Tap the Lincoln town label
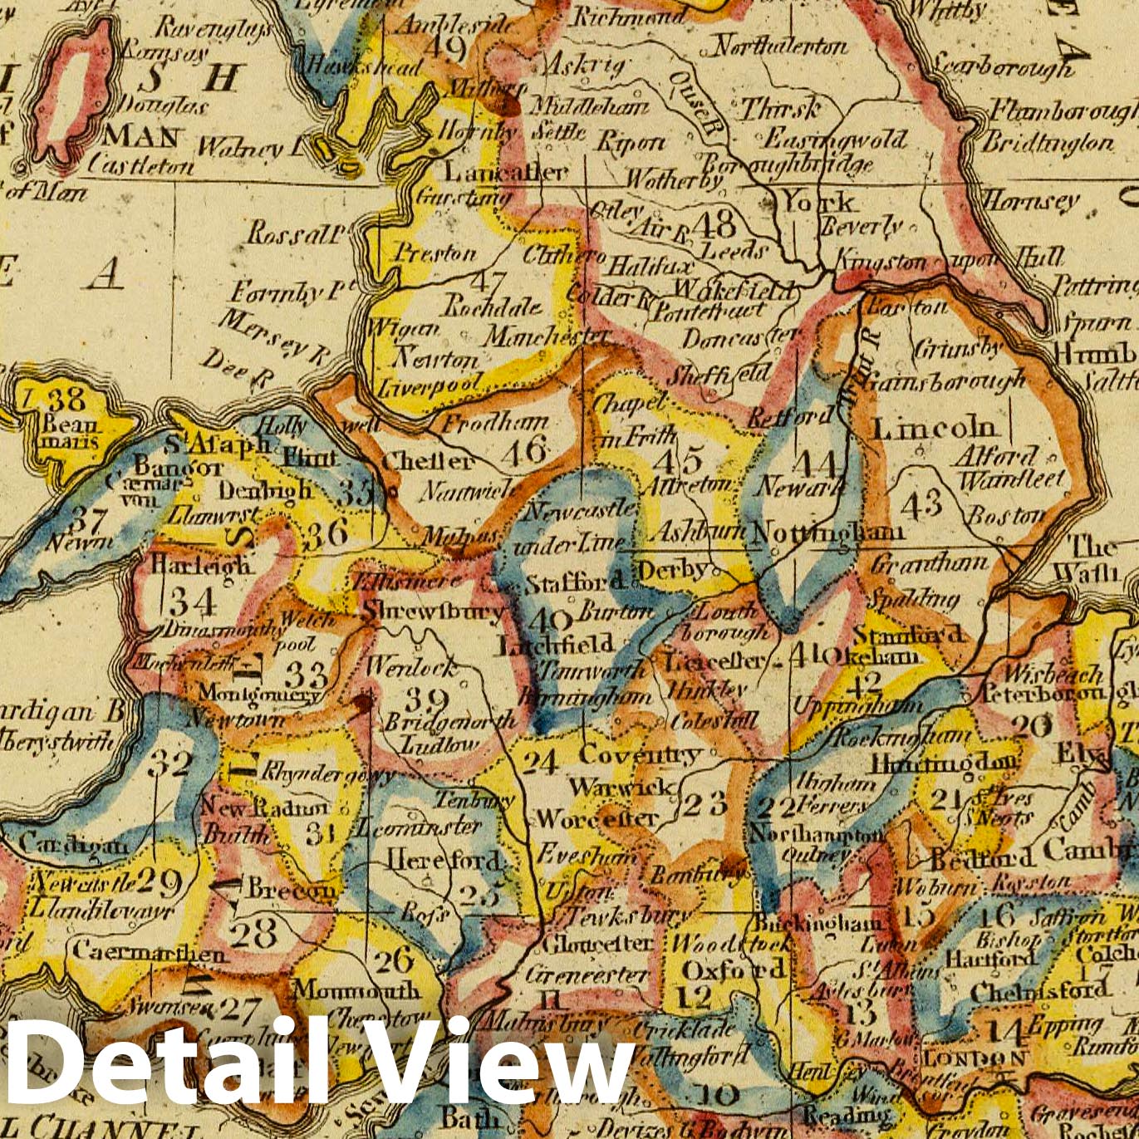934,429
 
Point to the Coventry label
640,755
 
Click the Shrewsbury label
432,612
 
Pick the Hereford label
444,860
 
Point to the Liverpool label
430,386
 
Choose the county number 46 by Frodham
526,451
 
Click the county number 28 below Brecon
253,934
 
